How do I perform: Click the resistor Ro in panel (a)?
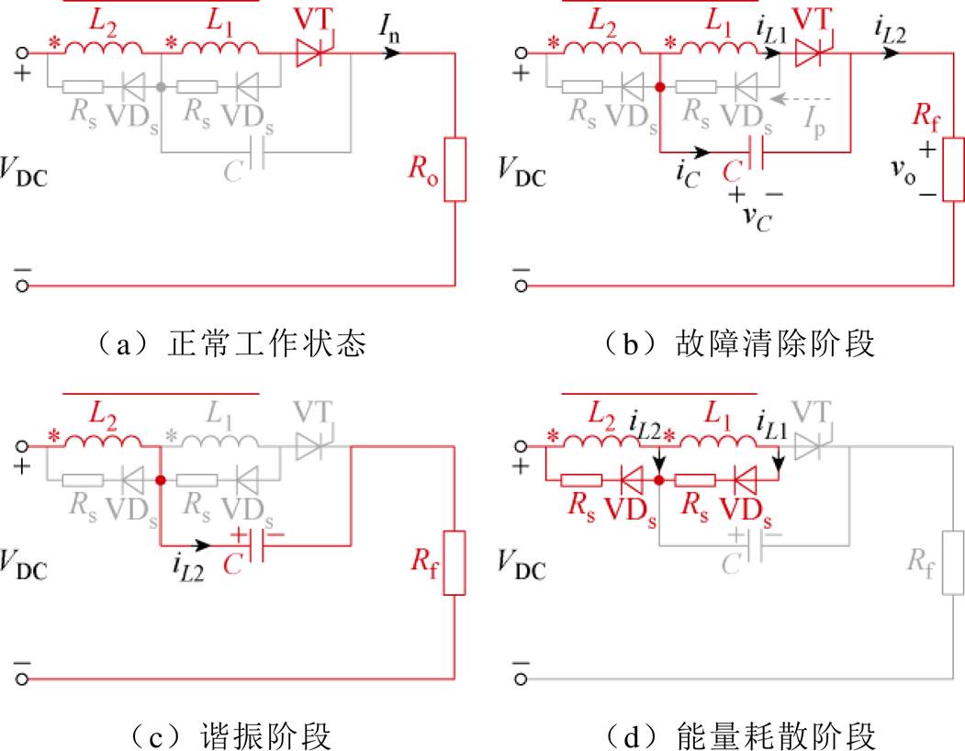pyautogui.click(x=454, y=169)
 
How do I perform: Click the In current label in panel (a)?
pyautogui.click(x=389, y=28)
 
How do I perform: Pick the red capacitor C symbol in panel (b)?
pyautogui.click(x=756, y=152)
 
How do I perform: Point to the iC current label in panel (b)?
pyautogui.click(x=688, y=174)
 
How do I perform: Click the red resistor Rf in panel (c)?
pyautogui.click(x=454, y=563)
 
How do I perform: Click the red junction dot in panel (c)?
pyautogui.click(x=161, y=480)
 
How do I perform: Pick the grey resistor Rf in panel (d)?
pyautogui.click(x=953, y=563)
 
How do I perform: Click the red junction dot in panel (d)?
pyautogui.click(x=659, y=480)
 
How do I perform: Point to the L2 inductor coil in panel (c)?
pyautogui.click(x=103, y=440)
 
